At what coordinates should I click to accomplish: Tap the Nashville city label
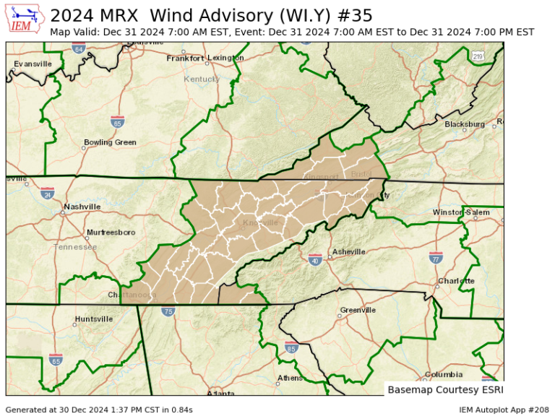[82, 207]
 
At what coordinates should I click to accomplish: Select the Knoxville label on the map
[260, 222]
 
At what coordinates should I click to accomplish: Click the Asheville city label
[348, 253]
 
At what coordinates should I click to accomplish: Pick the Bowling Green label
[110, 142]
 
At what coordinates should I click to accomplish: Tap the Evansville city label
[33, 64]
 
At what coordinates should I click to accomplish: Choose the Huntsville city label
[93, 318]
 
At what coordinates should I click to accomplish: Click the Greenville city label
[358, 310]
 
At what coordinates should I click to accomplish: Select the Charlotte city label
[456, 281]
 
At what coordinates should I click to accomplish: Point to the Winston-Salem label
[461, 212]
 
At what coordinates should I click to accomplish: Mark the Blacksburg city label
[465, 124]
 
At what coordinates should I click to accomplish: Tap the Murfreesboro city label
[111, 233]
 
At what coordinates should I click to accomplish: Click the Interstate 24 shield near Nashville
[48, 193]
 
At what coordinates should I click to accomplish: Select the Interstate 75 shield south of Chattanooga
[168, 311]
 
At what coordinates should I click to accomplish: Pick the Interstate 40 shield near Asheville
[315, 260]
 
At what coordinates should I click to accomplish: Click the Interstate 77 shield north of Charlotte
[436, 257]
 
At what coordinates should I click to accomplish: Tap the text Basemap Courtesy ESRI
[443, 389]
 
